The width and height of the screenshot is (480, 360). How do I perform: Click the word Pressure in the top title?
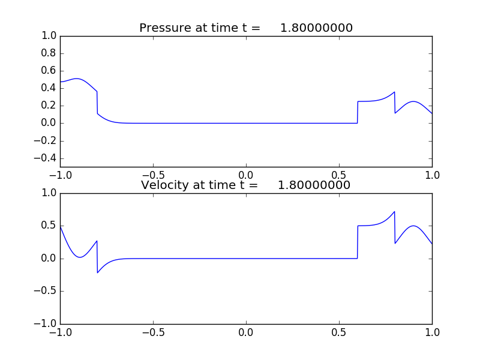tap(165, 28)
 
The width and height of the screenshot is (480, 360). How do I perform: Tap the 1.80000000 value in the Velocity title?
tap(314, 185)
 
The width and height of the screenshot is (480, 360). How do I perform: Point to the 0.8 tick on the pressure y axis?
tap(48, 53)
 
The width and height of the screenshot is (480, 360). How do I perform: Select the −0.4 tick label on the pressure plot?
tap(46, 158)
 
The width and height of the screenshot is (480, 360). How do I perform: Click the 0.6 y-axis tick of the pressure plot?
tap(48, 71)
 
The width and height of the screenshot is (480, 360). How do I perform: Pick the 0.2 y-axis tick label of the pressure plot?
tap(48, 106)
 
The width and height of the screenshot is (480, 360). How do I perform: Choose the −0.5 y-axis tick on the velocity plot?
tap(46, 292)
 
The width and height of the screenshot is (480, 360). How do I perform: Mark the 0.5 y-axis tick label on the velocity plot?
tap(48, 226)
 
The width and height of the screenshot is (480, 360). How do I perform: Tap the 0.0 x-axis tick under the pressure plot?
tap(246, 175)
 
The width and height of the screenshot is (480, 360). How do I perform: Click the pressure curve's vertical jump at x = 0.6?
tap(358, 112)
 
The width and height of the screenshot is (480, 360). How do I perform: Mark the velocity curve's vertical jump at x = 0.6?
tap(358, 242)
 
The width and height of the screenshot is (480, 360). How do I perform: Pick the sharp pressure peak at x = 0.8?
tap(394, 92)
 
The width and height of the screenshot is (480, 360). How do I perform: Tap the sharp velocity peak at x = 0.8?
tap(394, 211)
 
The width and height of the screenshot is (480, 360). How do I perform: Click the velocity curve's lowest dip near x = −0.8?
tap(98, 272)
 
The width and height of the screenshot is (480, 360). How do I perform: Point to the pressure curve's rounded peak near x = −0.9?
tap(77, 79)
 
